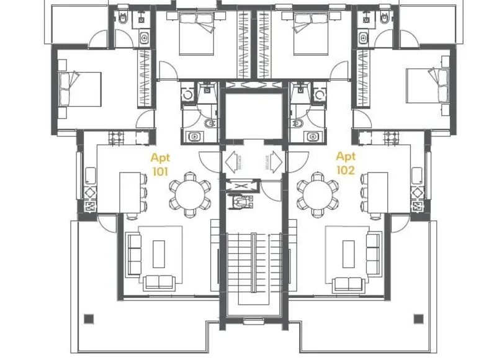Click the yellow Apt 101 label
(160, 164)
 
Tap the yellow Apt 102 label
(346, 164)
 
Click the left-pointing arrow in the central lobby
(233, 163)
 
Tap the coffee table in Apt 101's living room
(158, 255)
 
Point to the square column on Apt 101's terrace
(89, 319)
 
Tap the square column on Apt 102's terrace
(418, 319)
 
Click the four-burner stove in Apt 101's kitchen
(116, 137)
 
